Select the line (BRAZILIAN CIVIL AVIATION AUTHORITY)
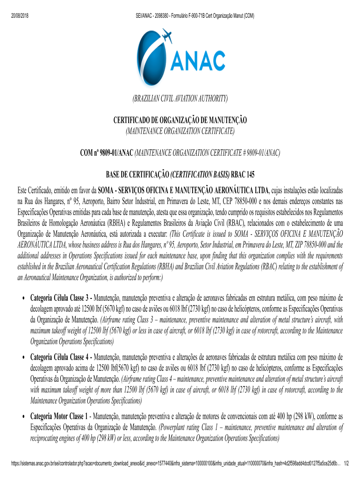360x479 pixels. [x=180, y=98]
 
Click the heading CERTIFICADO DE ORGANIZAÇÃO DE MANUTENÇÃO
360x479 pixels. [x=180, y=121]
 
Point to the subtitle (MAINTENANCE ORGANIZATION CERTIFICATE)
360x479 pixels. [x=180, y=132]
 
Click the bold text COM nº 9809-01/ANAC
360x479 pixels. [x=107, y=153]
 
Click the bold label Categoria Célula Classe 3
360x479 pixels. [x=61, y=298]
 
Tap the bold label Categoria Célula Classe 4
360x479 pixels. [x=61, y=357]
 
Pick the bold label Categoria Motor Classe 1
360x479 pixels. [x=59, y=416]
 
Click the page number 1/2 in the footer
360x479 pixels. [x=346, y=464]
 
